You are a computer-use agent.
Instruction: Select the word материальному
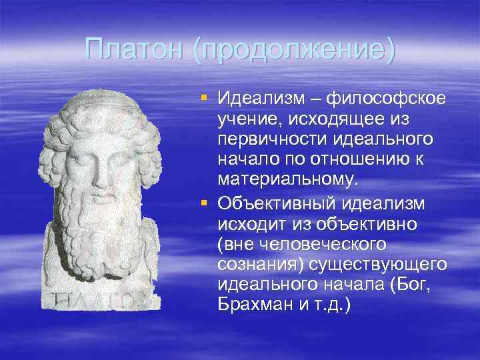[x=287, y=181]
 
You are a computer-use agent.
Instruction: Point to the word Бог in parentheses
[x=418, y=285]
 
